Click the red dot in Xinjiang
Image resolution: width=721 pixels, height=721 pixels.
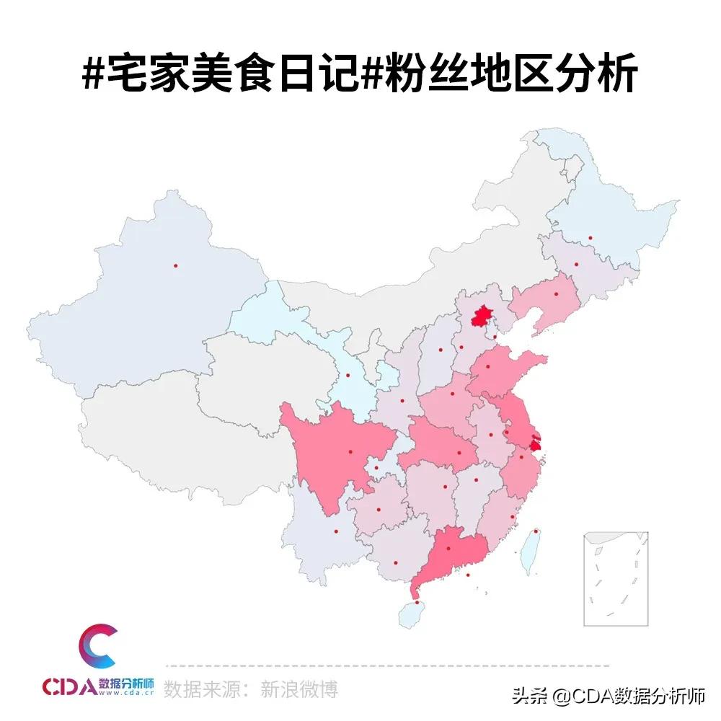point(175,265)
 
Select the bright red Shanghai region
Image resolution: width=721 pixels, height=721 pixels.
point(535,441)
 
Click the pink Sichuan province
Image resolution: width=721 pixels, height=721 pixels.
point(339,454)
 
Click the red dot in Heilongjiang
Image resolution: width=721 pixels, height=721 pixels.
point(590,237)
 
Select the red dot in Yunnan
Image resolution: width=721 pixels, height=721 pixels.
point(335,532)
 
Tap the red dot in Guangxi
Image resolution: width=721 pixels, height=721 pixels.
point(395,563)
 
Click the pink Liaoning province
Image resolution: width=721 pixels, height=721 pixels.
point(552,299)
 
